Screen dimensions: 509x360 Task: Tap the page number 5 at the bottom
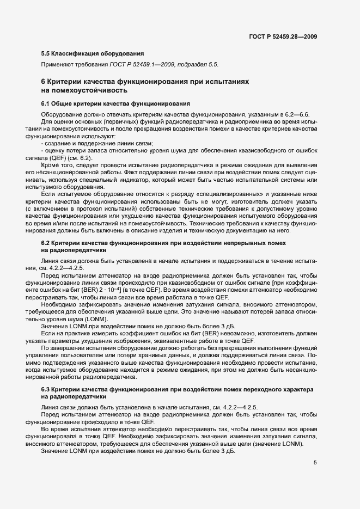pyautogui.click(x=315, y=463)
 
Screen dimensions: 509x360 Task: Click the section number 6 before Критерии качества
pyautogui.click(x=44, y=82)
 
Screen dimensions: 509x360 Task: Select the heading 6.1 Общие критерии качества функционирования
pyautogui.click(x=115, y=103)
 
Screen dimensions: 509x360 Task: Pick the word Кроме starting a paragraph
pyautogui.click(x=51, y=164)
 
